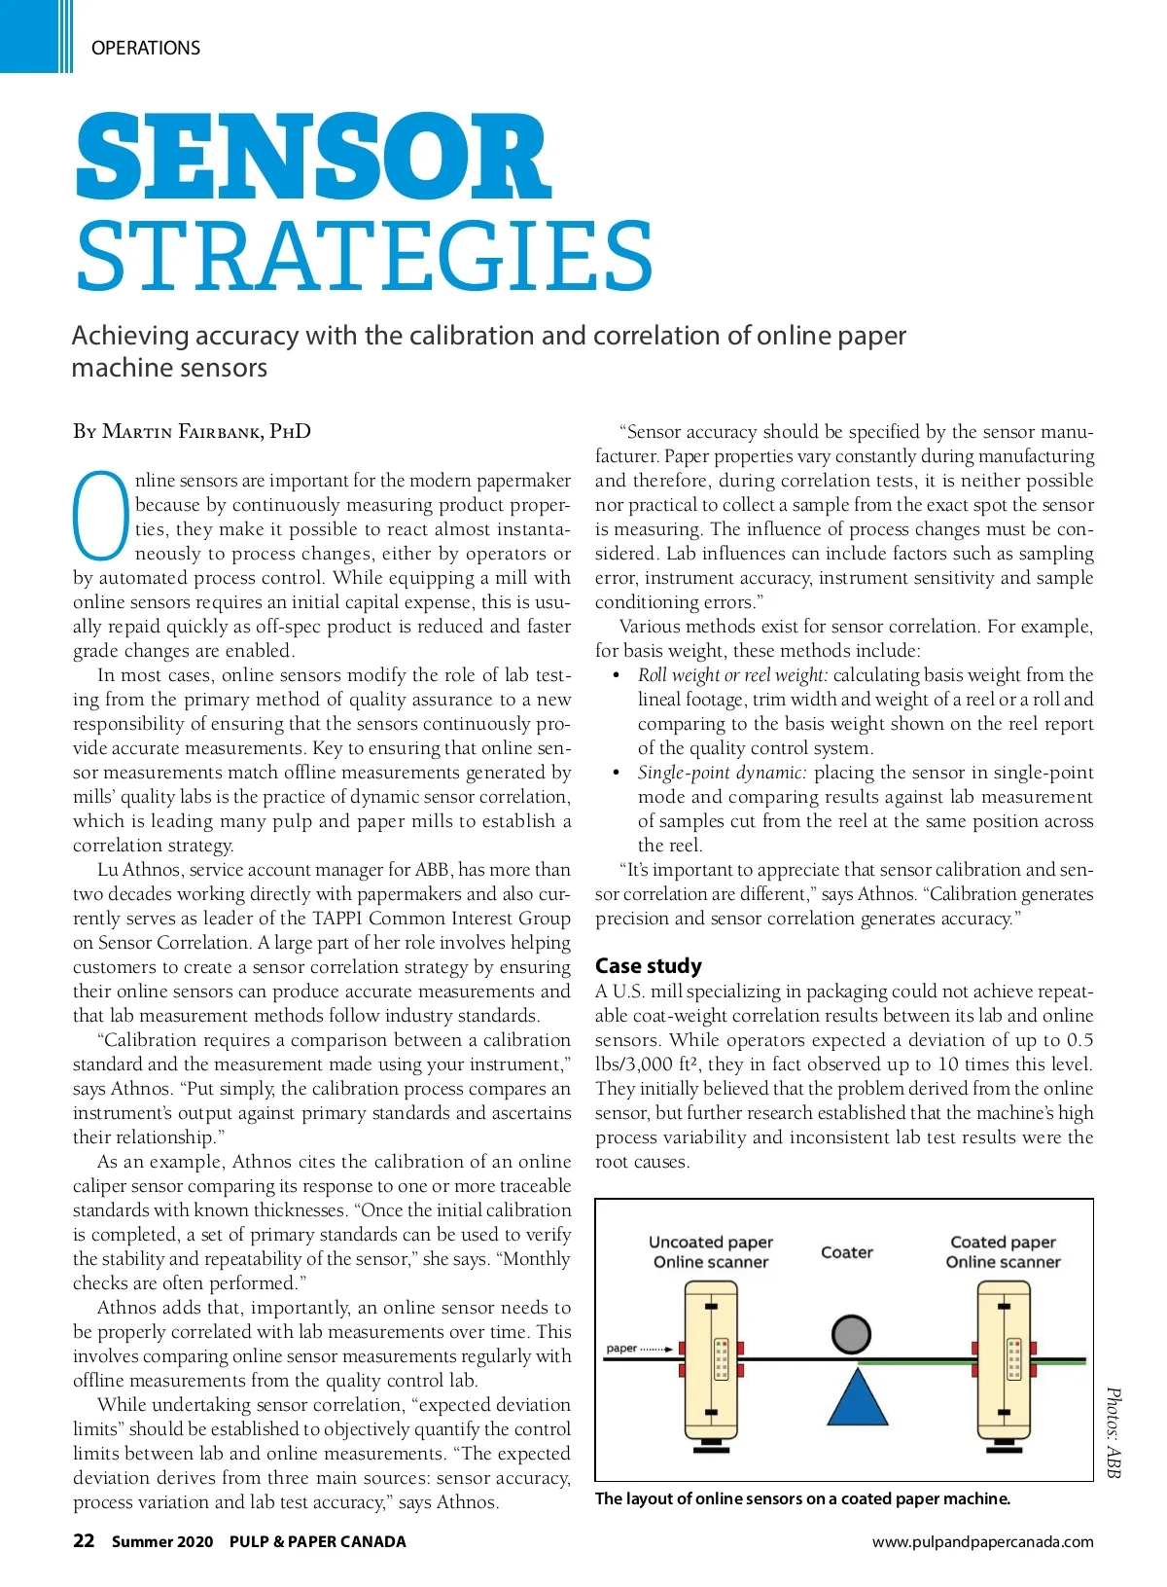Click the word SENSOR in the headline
pyautogui.click(x=313, y=157)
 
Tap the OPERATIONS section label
pyautogui.click(x=146, y=48)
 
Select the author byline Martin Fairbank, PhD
pyautogui.click(x=192, y=431)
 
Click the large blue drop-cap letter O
pyautogui.click(x=101, y=516)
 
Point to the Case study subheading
pyautogui.click(x=648, y=965)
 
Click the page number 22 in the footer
pyautogui.click(x=84, y=1540)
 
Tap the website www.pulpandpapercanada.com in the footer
pyautogui.click(x=982, y=1541)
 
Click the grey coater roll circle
pyautogui.click(x=851, y=1334)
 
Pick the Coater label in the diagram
pyautogui.click(x=847, y=1252)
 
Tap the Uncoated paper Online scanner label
pyautogui.click(x=711, y=1251)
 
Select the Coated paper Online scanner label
pyautogui.click(x=1003, y=1251)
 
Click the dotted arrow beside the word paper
pyautogui.click(x=656, y=1349)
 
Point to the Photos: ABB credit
pyautogui.click(x=1114, y=1432)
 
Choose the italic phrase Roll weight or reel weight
pyautogui.click(x=732, y=675)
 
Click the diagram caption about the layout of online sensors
pyautogui.click(x=802, y=1498)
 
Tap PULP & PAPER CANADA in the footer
pyautogui.click(x=318, y=1541)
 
